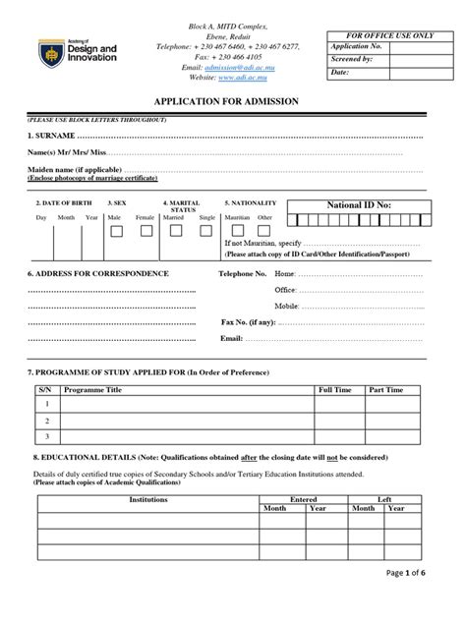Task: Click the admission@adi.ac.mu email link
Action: pyautogui.click(x=234, y=66)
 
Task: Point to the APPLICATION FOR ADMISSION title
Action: pyautogui.click(x=232, y=101)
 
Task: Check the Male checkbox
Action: pyautogui.click(x=116, y=232)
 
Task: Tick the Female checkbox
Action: pyautogui.click(x=146, y=232)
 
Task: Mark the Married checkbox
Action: pyautogui.click(x=175, y=232)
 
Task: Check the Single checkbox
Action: pyautogui.click(x=205, y=232)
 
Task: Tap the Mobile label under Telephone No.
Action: pyautogui.click(x=287, y=306)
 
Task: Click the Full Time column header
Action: pyautogui.click(x=334, y=390)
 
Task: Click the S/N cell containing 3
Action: pyautogui.click(x=45, y=436)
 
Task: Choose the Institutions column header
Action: pyautogui.click(x=148, y=500)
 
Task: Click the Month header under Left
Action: pyautogui.click(x=363, y=509)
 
